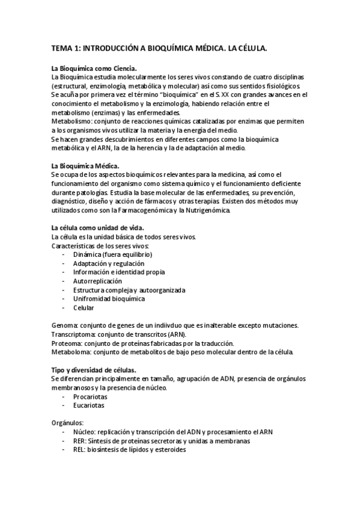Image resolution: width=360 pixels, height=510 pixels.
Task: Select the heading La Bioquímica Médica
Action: tap(85, 165)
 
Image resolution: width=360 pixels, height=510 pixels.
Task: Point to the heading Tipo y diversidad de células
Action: tap(94, 369)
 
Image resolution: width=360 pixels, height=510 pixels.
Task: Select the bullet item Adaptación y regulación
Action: tap(108, 263)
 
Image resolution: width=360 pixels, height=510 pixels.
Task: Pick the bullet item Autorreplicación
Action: tap(97, 281)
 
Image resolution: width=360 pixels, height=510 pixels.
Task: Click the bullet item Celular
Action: tap(84, 307)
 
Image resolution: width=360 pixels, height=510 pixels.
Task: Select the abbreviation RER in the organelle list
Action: tap(79, 441)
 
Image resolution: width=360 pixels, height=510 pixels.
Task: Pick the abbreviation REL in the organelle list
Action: tap(79, 449)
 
